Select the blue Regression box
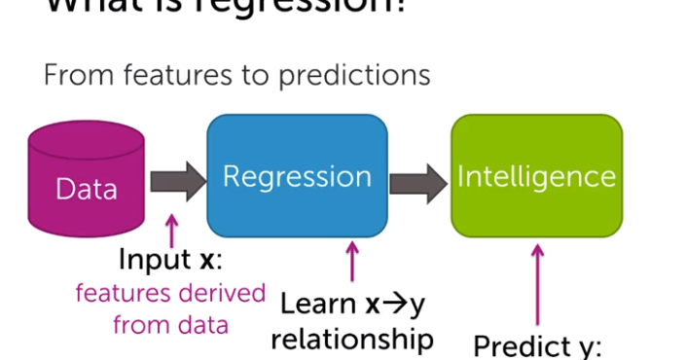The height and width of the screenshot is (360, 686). pos(297,175)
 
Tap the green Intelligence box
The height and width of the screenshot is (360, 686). pos(536,175)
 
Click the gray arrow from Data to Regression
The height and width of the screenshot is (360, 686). pos(179,177)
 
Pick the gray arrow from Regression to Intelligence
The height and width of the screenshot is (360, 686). pos(418,177)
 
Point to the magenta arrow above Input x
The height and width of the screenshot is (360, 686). pos(172,231)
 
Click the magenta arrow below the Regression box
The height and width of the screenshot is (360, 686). pos(352,263)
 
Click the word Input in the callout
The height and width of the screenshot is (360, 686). pos(152,261)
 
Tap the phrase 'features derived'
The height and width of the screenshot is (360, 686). pos(170,293)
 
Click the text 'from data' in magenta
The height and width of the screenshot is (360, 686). pos(170,324)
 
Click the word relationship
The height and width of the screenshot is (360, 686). pos(351,339)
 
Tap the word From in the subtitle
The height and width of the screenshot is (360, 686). pos(72,75)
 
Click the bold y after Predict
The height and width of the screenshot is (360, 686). pos(586,348)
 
